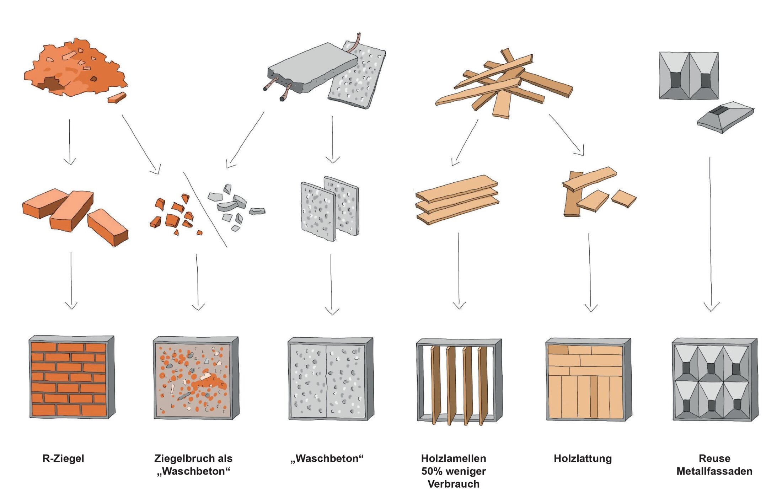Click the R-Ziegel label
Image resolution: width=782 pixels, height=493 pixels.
(63, 459)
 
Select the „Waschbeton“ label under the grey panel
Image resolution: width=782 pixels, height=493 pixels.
(327, 459)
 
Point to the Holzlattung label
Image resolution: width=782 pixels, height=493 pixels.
(583, 459)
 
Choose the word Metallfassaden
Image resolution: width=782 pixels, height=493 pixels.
(714, 471)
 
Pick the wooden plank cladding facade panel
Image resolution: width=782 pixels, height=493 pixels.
(588, 380)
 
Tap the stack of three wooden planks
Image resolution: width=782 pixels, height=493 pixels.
(457, 200)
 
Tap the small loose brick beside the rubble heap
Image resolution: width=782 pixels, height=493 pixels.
(117, 97)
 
